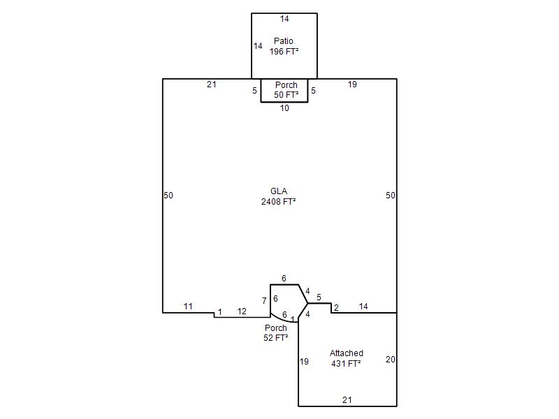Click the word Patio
point(284,41)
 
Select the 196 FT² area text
point(284,52)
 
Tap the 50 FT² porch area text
point(286,95)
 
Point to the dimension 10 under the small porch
point(284,108)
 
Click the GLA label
point(279,191)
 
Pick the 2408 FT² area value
point(278,202)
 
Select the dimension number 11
point(188,307)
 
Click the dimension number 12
point(242,311)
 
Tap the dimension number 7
point(264,301)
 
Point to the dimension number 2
point(336,307)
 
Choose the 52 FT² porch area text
point(275,338)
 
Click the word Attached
point(346,353)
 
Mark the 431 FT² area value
point(346,364)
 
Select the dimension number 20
point(391,360)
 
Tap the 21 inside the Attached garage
point(347,400)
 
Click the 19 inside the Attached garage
point(304,362)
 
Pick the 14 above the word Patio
point(284,19)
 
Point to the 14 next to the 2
point(363,307)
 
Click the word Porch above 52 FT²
point(275,328)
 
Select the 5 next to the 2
point(319,297)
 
